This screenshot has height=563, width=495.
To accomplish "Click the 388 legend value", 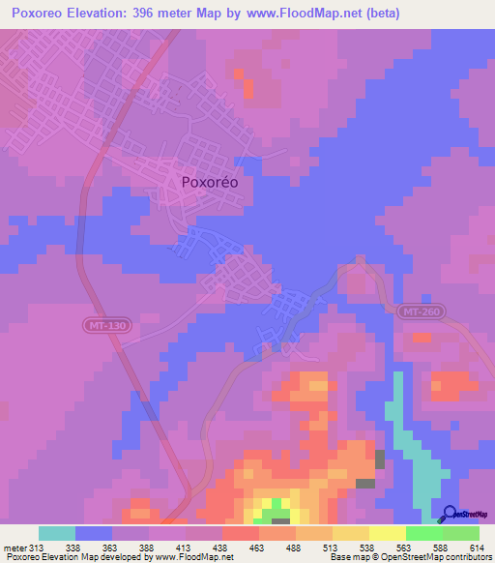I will pyautogui.click(x=148, y=547).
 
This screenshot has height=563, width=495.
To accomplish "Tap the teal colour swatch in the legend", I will pyautogui.click(x=57, y=533).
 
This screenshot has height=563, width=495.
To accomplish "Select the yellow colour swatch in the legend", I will pyautogui.click(x=387, y=533).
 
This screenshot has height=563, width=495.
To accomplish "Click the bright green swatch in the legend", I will pyautogui.click(x=423, y=533).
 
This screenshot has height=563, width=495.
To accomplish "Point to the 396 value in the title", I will pyautogui.click(x=165, y=14).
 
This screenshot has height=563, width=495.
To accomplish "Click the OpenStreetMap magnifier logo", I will pyautogui.click(x=450, y=516).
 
